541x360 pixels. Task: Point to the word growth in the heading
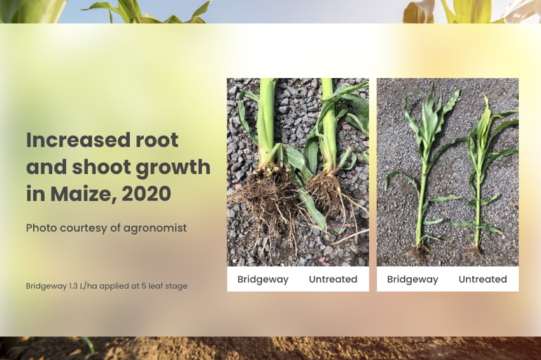coord(173,168)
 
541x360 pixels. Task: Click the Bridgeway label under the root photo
coord(263,279)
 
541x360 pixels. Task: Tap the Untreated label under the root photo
coord(333,279)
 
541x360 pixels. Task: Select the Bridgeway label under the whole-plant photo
coord(412,279)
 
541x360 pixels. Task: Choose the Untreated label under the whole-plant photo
coord(482,279)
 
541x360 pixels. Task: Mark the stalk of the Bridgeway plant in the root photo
coord(267,121)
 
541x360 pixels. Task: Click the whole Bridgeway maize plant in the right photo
coord(425,172)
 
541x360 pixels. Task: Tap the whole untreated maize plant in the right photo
coord(483,176)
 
